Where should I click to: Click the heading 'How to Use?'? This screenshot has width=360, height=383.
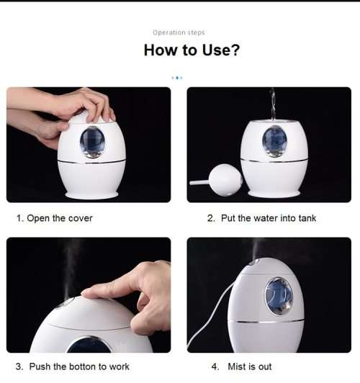[x=191, y=50]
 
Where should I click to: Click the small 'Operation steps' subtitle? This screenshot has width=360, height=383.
[x=179, y=32]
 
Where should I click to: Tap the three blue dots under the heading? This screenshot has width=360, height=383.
[x=177, y=77]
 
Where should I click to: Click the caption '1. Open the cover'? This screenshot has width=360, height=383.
[x=54, y=218]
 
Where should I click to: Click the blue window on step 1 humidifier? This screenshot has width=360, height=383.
[x=92, y=141]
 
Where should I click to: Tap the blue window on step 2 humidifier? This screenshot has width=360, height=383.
[x=274, y=140]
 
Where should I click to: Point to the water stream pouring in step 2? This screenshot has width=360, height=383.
[x=271, y=104]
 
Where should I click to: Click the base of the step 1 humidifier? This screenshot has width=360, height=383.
[x=92, y=194]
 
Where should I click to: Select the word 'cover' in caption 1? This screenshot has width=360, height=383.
[x=80, y=218]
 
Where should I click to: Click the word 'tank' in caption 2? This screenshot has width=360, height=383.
[x=307, y=218]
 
